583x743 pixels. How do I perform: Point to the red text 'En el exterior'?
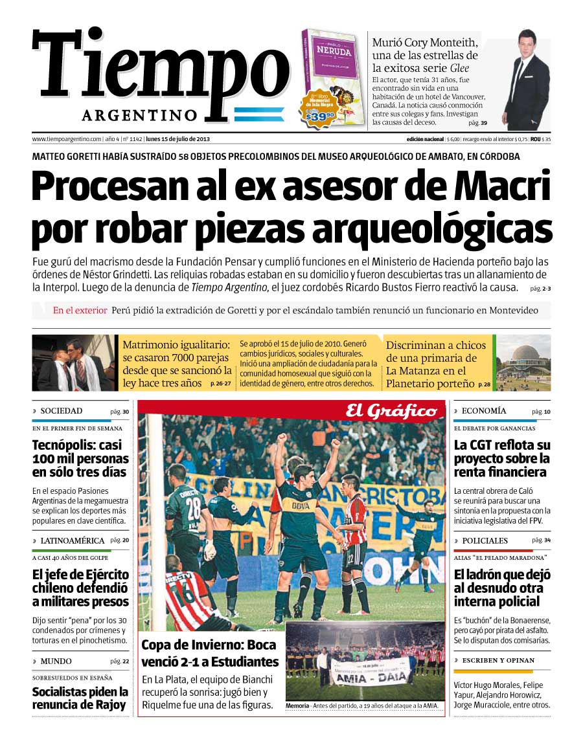point(80,311)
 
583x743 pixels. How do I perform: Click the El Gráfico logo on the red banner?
point(391,411)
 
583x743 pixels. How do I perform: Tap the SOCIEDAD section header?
point(62,411)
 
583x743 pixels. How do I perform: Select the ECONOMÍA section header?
point(485,411)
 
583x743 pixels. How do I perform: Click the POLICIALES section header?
point(485,540)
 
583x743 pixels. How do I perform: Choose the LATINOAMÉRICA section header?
point(72,540)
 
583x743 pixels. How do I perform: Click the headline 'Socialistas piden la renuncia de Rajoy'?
point(80,699)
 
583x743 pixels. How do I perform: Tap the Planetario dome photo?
point(523,362)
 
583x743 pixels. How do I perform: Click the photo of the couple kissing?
point(73,363)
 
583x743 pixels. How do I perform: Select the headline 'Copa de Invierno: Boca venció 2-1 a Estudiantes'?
point(209,653)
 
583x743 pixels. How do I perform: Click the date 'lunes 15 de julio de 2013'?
point(177,139)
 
